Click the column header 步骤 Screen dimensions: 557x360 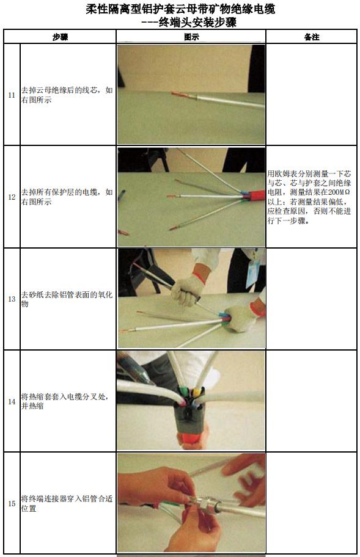[x=59, y=37]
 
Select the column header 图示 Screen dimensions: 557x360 [x=191, y=37]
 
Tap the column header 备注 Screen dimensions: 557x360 [x=311, y=37]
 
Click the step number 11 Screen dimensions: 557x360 [x=12, y=95]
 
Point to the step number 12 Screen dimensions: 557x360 [x=12, y=197]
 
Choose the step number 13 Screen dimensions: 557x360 [x=12, y=299]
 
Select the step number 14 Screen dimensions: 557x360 [x=12, y=401]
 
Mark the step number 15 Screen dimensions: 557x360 [x=12, y=503]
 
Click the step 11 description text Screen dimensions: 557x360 [x=67, y=95]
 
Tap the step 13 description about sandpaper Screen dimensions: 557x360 [x=67, y=299]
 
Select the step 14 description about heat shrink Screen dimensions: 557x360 [x=67, y=401]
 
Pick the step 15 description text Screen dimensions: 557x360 [x=67, y=503]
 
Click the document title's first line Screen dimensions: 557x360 [x=180, y=9]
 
